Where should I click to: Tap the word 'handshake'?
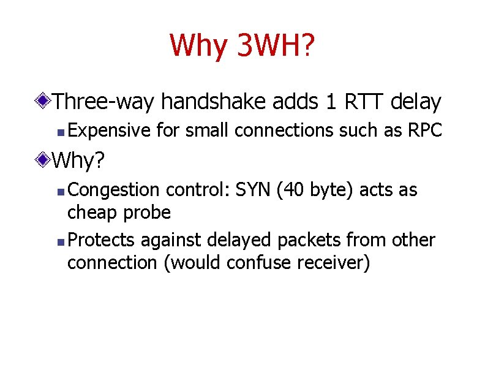[209, 102]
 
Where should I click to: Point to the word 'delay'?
[419, 102]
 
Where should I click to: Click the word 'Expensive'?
[110, 131]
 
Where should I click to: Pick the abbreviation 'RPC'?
[424, 131]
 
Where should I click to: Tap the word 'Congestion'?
[114, 190]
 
